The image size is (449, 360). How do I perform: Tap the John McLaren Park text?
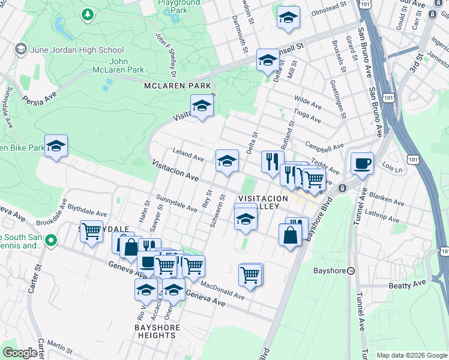pos(127,65)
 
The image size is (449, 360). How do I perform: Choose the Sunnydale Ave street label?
pos(176,203)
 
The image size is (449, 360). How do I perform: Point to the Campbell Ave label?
pos(324,146)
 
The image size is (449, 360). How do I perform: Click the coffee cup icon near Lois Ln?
pos(362,163)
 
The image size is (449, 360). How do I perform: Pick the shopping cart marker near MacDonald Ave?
pos(250,275)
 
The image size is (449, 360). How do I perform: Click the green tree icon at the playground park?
pos(88,13)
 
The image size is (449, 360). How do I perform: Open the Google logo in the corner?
pos(20,353)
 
